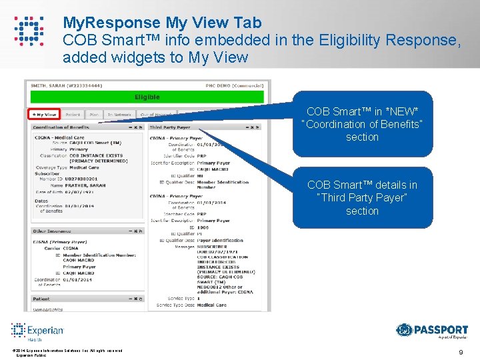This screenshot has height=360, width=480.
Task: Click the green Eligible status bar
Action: (147, 97)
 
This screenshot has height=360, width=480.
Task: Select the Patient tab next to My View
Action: (73, 115)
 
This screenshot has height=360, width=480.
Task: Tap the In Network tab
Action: (121, 115)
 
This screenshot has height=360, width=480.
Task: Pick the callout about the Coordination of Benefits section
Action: (362, 124)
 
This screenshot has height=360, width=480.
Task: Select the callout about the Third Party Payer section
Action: (362, 198)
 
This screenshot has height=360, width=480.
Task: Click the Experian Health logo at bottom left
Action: (37, 331)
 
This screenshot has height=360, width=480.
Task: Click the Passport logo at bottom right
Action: (431, 330)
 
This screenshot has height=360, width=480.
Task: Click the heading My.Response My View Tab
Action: (162, 23)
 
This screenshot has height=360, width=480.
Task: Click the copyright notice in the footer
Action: (67, 351)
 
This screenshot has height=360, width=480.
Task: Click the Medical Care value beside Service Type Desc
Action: (211, 305)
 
